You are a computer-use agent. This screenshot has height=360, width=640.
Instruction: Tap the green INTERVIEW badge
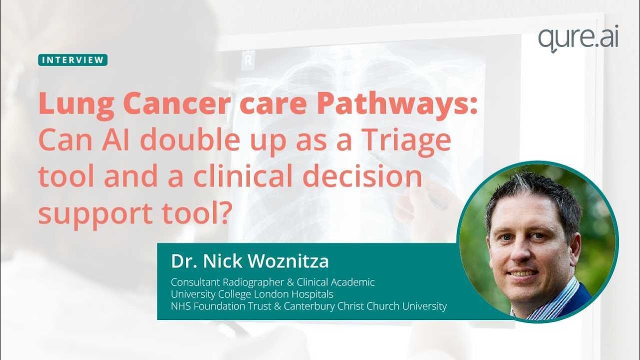pos(73,60)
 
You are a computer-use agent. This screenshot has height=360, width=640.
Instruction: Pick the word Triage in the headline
pos(410,141)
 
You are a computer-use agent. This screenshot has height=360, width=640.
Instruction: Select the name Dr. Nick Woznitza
pos(250,261)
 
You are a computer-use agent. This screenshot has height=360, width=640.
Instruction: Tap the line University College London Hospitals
pos(252,294)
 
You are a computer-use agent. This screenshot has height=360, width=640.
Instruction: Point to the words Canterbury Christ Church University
pos(365,306)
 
